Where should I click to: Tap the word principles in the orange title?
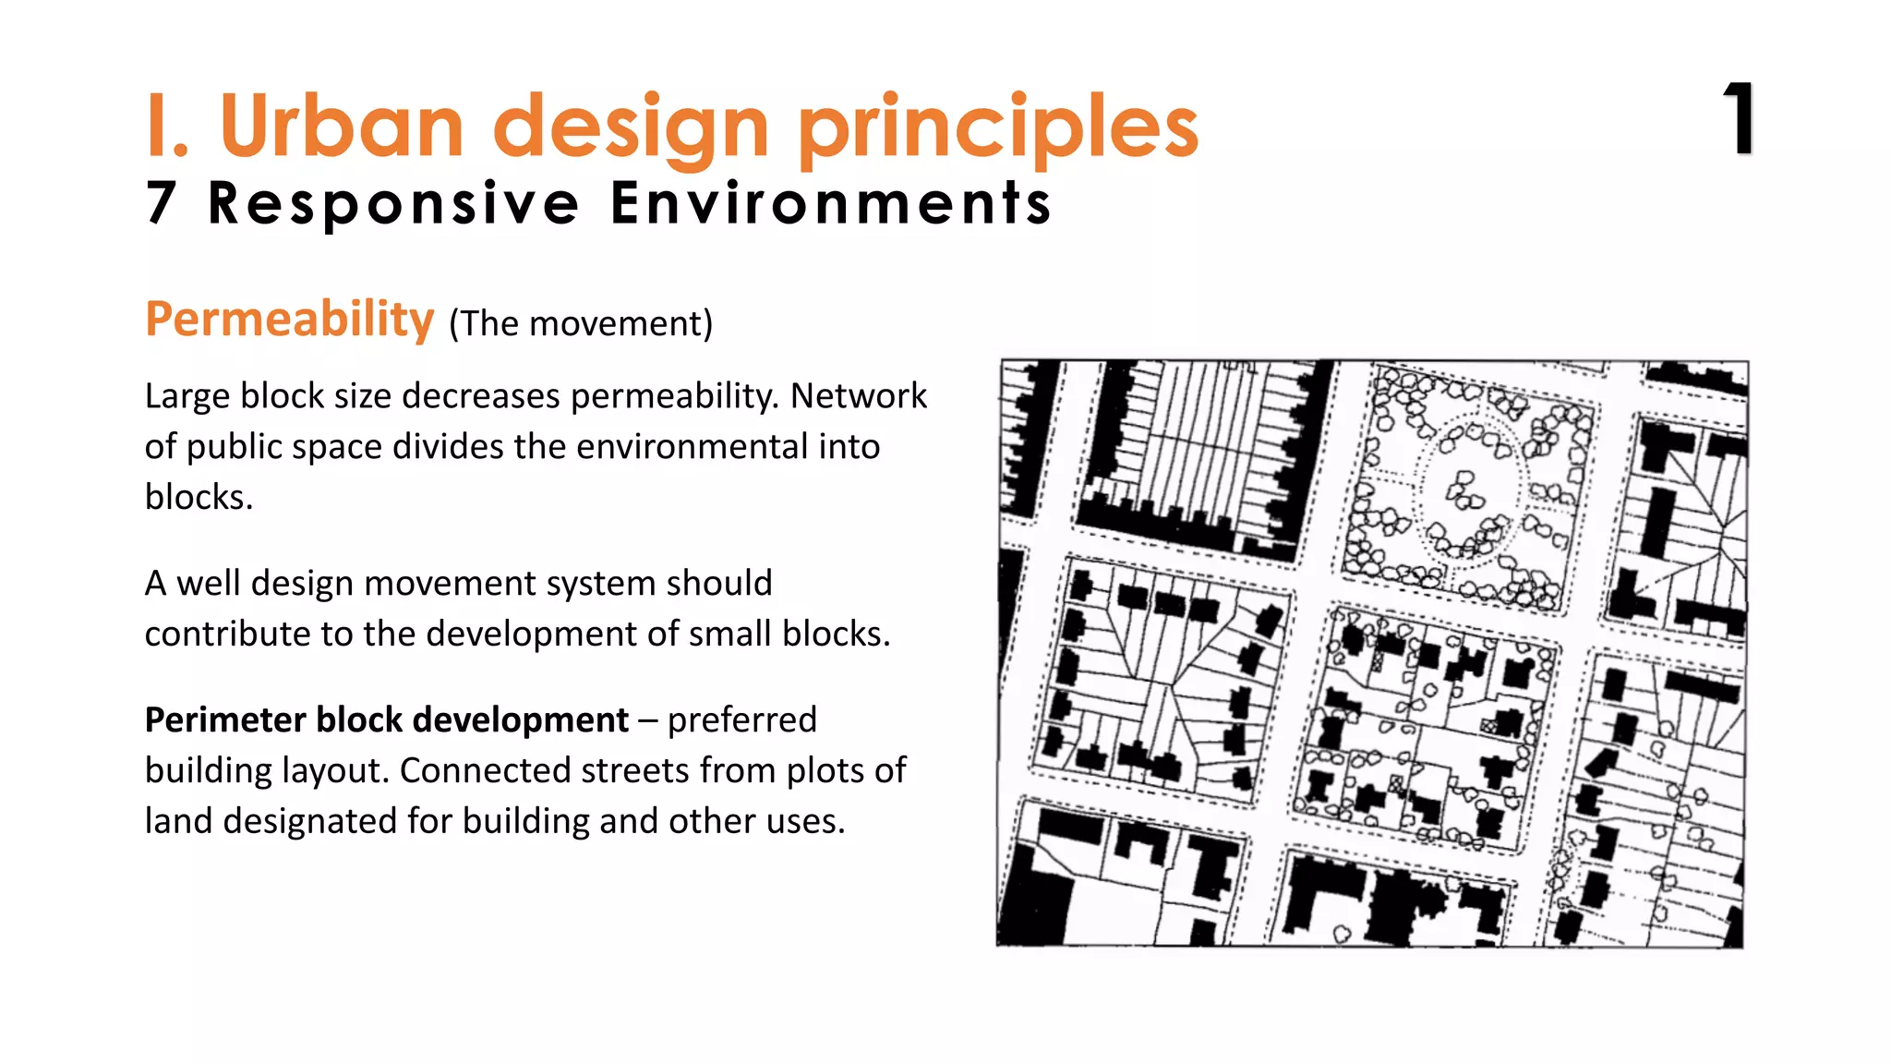coord(997,129)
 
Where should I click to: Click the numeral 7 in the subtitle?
coord(162,203)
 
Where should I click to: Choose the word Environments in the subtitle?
coord(831,203)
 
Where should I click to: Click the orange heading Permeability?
coord(290,320)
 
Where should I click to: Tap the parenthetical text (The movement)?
coord(581,324)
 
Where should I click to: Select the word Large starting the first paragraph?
coord(188,396)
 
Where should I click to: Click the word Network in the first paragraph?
coord(859,396)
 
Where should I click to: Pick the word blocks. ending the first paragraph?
coord(199,498)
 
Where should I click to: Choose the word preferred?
coord(742,720)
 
